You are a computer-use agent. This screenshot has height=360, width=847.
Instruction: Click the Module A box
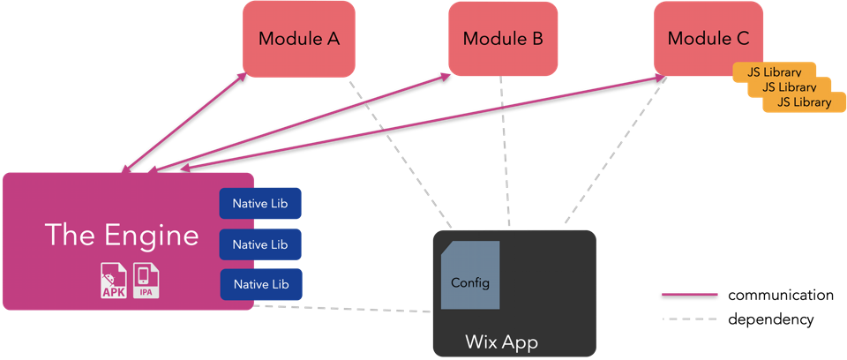[299, 39]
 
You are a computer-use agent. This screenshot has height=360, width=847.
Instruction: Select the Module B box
[503, 39]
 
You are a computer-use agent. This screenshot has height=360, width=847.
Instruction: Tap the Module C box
[708, 39]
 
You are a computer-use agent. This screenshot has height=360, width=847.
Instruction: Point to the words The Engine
[122, 236]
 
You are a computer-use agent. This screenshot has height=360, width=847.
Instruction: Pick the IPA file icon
[146, 281]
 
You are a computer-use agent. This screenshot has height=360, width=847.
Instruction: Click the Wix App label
[501, 341]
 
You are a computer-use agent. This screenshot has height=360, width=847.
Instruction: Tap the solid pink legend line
[689, 294]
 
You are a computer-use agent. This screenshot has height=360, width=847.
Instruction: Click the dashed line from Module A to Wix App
[397, 150]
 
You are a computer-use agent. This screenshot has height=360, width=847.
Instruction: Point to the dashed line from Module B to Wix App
[505, 150]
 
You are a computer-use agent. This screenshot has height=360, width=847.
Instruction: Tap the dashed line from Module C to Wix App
[612, 150]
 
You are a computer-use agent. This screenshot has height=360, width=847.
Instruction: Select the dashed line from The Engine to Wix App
[344, 309]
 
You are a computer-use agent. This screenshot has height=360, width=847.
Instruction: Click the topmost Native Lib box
[260, 204]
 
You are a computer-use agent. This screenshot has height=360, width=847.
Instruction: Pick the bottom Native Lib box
[260, 284]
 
